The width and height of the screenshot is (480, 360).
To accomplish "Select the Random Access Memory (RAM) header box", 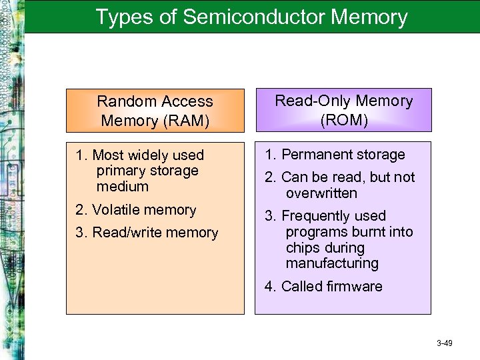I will coord(155,111).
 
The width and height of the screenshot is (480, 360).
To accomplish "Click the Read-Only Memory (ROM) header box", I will coord(343,110).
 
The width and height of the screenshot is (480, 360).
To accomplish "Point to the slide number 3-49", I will coord(445,343).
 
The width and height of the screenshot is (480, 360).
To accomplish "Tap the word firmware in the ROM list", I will coord(354,287).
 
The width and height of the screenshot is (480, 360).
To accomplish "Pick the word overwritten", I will coord(321,193).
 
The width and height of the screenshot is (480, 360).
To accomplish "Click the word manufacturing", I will coord(331,263).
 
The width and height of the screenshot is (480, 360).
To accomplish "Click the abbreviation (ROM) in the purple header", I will coord(343,121).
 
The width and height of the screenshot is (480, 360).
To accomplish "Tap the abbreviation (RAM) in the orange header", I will coord(155,121).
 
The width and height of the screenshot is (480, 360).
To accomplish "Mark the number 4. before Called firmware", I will coord(270,287).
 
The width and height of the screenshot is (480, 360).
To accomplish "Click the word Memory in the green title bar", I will coord(369,17).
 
